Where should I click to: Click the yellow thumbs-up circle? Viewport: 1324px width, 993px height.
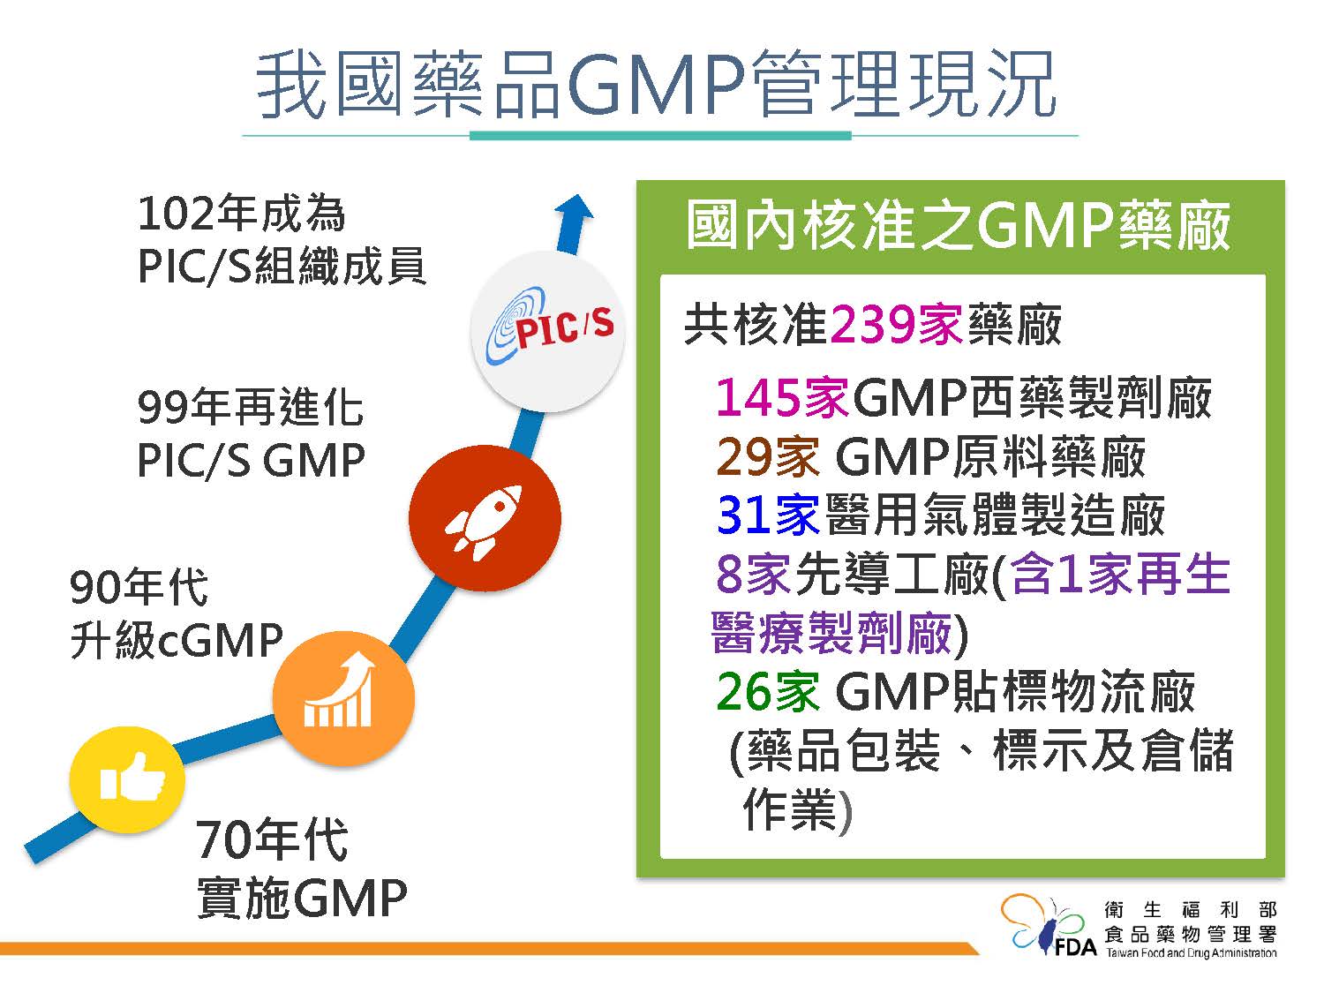coord(127,779)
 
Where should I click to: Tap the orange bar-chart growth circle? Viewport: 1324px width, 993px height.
coord(343,698)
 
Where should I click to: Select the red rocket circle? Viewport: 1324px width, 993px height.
coord(485,518)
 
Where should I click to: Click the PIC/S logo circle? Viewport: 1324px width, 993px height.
coord(548,332)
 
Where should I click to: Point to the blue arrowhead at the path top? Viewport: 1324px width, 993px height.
coord(575,208)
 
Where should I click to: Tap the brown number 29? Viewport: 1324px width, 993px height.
coord(746,456)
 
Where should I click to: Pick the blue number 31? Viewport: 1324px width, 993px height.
coord(745,515)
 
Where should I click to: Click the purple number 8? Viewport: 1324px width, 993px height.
coord(729,574)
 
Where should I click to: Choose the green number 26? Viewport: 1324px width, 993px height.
coord(746,691)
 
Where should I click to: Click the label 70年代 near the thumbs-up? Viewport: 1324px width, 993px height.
coord(272,839)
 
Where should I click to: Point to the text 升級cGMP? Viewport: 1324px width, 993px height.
coord(177,639)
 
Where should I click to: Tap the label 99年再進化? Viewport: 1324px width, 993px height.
coord(251,407)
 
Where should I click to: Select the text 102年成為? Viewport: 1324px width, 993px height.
coord(241,214)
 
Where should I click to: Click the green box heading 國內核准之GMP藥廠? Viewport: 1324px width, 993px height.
coord(959,225)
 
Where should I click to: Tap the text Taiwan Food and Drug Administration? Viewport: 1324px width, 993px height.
coord(1192,953)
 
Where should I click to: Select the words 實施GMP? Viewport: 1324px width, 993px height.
coord(302,898)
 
